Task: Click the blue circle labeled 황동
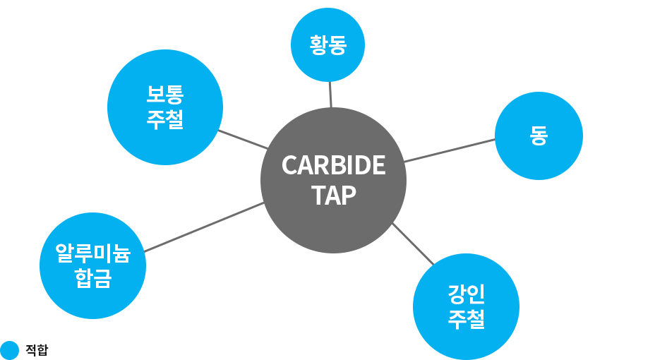pos(328,45)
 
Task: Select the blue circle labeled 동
pos(539,136)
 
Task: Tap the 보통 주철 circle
pos(165,107)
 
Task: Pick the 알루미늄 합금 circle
pos(92,265)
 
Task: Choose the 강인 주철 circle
pos(466,306)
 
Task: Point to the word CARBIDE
pos(333,165)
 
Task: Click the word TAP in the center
pos(333,196)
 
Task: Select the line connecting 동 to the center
pos(450,150)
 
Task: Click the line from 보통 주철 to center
pos(242,139)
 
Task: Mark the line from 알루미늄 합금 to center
pos(203,227)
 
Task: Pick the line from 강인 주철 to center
pos(413,244)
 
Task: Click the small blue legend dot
pos(9,350)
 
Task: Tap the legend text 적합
pos(37,350)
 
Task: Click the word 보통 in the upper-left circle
pos(165,94)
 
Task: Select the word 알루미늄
pos(92,252)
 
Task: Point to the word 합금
pos(92,280)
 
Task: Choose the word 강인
pos(466,292)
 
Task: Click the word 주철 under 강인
pos(466,320)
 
